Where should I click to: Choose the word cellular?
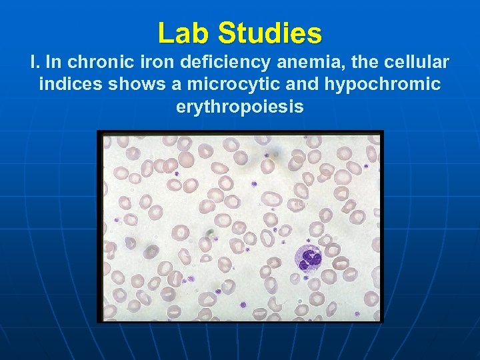[414, 63]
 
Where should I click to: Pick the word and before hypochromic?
[284, 85]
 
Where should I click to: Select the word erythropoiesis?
[240, 106]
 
